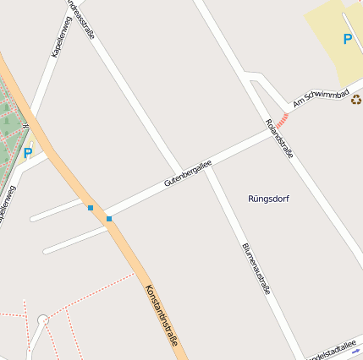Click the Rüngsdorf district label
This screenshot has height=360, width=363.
269,199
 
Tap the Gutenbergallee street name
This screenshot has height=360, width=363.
187,172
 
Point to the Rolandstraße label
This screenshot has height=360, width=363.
279,139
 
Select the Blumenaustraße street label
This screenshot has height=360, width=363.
256,268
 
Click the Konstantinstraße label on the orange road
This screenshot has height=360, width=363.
161,316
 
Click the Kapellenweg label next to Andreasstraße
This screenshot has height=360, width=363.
60,36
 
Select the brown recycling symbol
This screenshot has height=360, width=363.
356,99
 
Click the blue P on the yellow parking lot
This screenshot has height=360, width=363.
347,39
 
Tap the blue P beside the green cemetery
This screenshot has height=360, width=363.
27,154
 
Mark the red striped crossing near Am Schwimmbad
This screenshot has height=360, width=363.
282,121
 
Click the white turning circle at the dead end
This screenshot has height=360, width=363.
42,320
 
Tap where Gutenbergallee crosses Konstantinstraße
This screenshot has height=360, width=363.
100,214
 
